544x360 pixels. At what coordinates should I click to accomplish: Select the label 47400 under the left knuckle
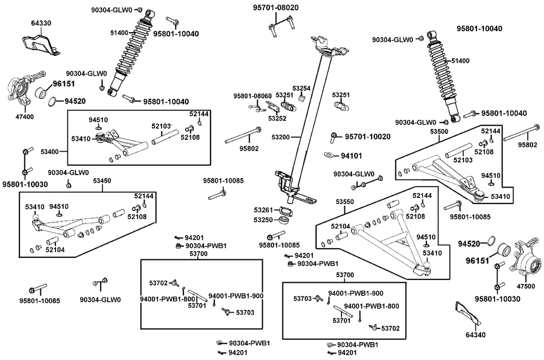[x=24, y=116]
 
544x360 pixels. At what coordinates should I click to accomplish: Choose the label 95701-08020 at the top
[x=276, y=8]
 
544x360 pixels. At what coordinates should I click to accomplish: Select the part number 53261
[x=263, y=210]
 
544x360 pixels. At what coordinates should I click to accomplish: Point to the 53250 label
[x=263, y=220]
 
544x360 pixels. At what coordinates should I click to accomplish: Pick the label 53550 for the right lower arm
[x=345, y=202]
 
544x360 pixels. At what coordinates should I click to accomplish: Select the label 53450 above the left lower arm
[x=102, y=180]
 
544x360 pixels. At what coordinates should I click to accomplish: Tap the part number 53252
[x=277, y=118]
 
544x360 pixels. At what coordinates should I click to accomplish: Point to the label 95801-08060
[x=249, y=96]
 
